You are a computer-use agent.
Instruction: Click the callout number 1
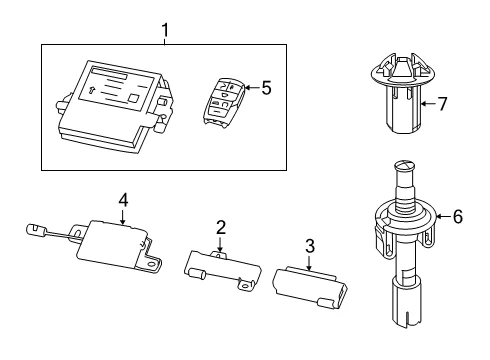[x=165, y=30]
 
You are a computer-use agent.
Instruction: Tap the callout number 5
[x=266, y=88]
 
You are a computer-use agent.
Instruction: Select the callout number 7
[x=442, y=104]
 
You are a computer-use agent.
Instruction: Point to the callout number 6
[x=458, y=217]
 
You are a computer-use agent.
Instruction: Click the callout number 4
[x=123, y=200]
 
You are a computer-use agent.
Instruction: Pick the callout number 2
[x=221, y=228]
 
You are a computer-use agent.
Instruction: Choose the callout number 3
[x=310, y=246]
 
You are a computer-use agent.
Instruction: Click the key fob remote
[x=223, y=102]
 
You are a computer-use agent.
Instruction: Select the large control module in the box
[x=114, y=107]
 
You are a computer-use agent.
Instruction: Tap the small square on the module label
[x=134, y=98]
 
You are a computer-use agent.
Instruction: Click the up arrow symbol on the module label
[x=92, y=90]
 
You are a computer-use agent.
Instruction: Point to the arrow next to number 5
[x=252, y=88]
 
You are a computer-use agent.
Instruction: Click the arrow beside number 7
[x=428, y=104]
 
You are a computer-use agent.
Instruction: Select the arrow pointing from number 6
[x=443, y=217]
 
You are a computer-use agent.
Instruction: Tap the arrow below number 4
[x=123, y=216]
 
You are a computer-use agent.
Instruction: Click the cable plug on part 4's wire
[x=36, y=230]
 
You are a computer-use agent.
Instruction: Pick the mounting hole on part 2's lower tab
[x=246, y=285]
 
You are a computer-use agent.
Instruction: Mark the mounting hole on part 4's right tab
[x=153, y=264]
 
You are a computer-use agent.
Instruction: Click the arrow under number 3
[x=310, y=262]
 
